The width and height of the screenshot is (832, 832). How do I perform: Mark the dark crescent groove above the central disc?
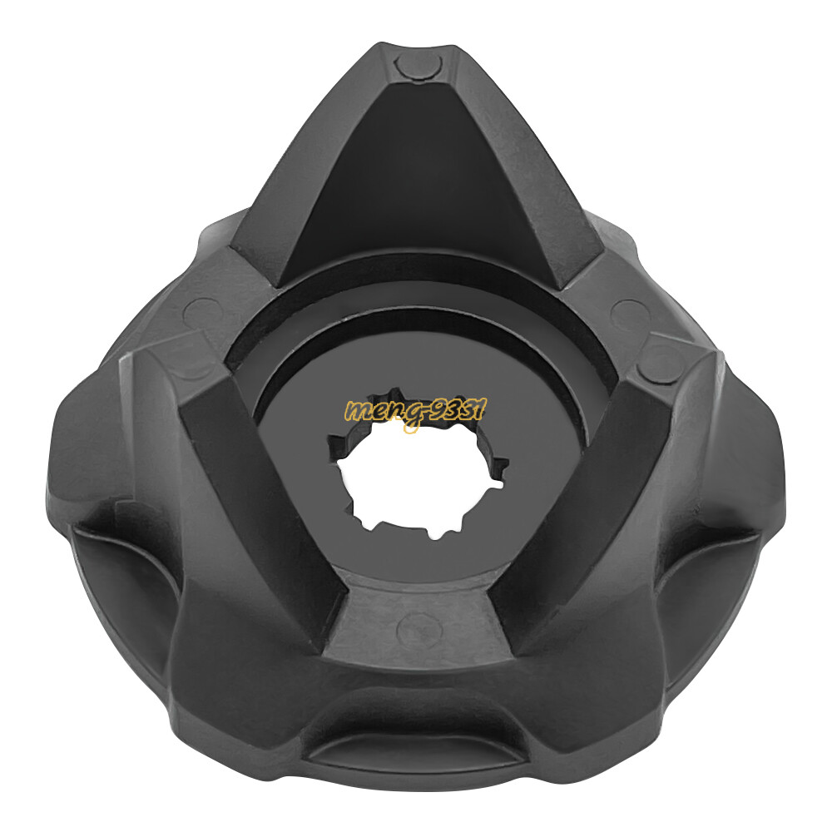[416, 329]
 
